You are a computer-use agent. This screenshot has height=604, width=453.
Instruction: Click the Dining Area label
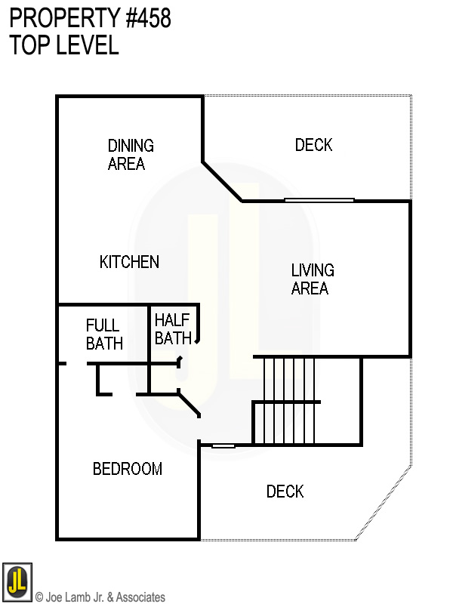click(131, 154)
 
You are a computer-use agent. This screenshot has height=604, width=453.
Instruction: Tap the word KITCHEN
click(129, 262)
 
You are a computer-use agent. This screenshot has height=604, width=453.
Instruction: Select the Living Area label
click(312, 279)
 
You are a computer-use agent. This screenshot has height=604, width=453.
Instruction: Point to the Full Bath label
click(103, 334)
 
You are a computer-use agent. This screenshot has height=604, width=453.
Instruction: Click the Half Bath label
click(172, 329)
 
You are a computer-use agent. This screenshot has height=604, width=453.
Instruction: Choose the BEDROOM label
click(127, 469)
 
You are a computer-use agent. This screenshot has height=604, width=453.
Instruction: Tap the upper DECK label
click(313, 144)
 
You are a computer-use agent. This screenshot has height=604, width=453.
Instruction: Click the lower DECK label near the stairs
click(285, 492)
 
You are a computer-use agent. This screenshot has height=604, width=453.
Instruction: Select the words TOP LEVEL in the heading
click(64, 45)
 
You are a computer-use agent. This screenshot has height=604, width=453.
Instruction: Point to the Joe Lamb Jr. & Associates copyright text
click(100, 597)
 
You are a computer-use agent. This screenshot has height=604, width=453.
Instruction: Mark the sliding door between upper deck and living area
click(319, 200)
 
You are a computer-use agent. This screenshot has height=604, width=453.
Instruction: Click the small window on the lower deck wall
click(223, 445)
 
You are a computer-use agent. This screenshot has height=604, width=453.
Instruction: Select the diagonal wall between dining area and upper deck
click(221, 181)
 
